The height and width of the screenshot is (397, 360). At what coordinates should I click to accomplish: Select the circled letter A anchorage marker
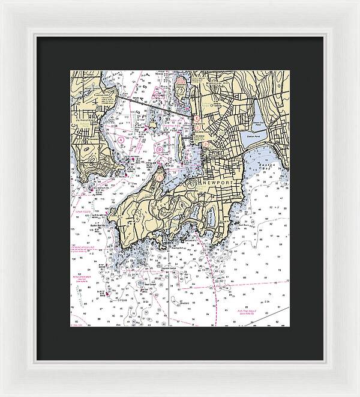[121, 139]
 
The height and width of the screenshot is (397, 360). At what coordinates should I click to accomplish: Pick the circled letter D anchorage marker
[160, 150]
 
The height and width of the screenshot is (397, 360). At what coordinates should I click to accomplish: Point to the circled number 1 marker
[159, 177]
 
